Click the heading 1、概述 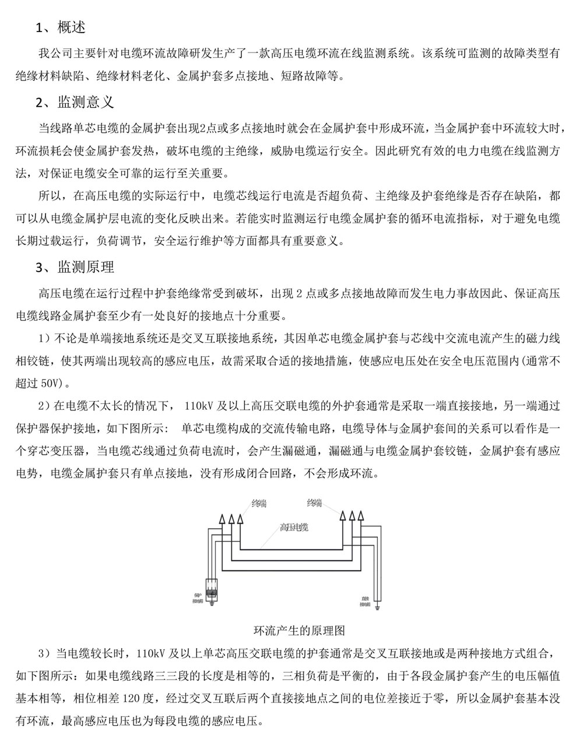61,27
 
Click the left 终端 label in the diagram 260,502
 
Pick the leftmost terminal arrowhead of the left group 222,518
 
